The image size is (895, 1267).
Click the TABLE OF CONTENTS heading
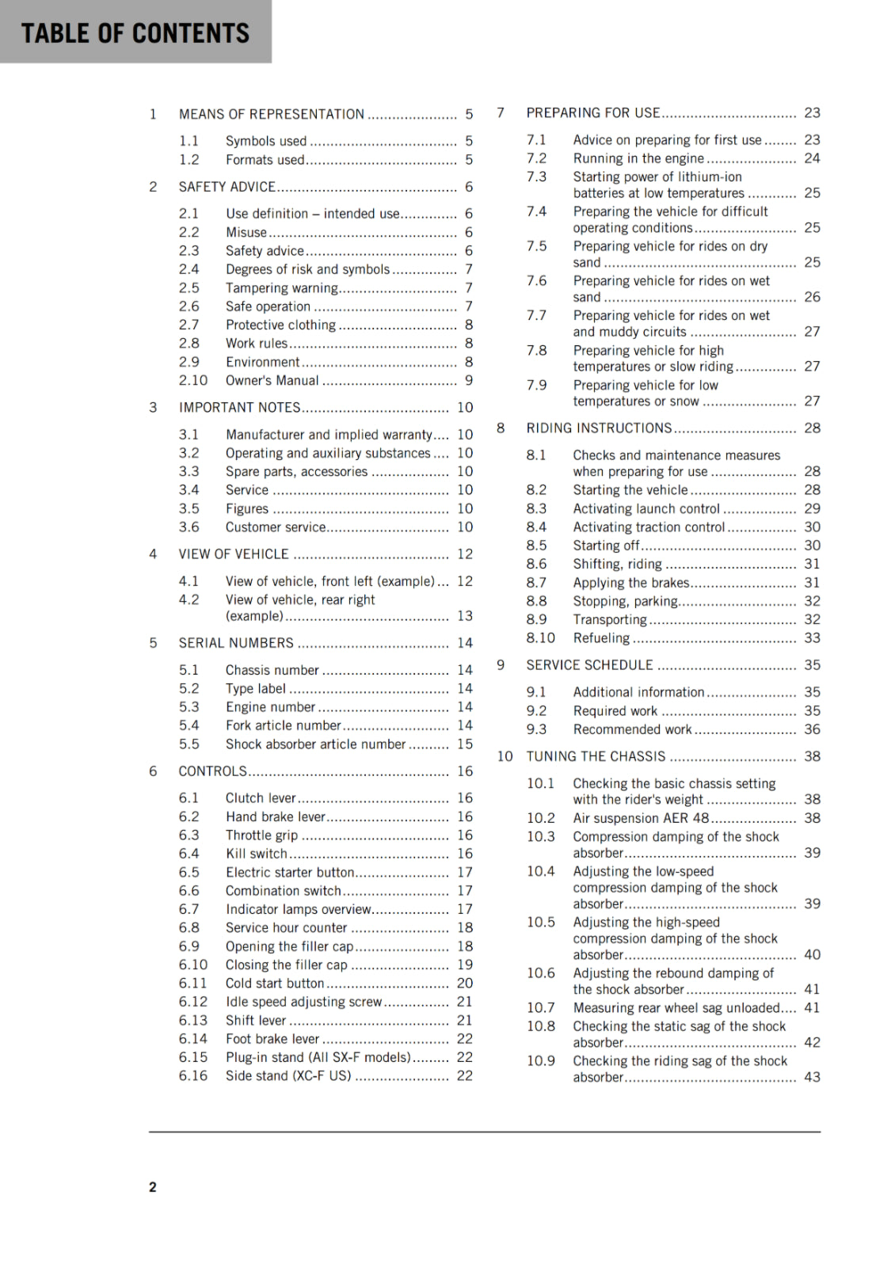(135, 32)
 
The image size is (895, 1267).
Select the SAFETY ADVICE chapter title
(227, 187)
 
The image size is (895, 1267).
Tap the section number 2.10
(192, 380)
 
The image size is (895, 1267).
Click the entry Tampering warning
(281, 287)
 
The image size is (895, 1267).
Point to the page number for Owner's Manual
(469, 380)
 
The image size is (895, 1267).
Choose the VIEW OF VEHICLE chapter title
(233, 554)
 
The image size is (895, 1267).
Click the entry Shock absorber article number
(315, 744)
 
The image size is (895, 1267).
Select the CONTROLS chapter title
(212, 771)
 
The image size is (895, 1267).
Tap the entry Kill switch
(256, 854)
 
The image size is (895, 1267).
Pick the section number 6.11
(192, 984)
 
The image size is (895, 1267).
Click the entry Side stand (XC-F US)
(288, 1076)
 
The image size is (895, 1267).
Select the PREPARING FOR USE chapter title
(592, 113)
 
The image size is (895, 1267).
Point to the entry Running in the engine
(638, 158)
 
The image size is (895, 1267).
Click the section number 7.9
(536, 385)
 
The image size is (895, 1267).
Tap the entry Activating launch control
(646, 508)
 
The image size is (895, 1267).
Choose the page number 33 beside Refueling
(812, 638)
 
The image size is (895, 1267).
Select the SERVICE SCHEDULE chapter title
(589, 665)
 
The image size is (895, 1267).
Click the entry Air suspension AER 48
(641, 818)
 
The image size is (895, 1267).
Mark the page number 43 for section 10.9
(812, 1077)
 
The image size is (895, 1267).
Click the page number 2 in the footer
(153, 1186)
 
